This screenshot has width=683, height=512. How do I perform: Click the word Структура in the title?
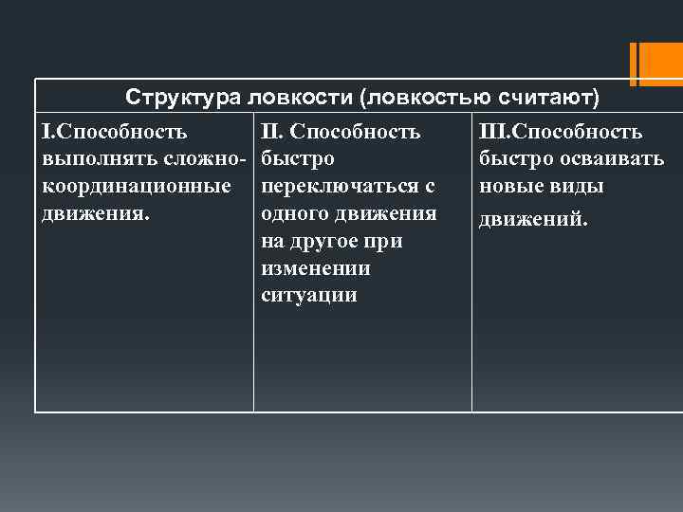pos(185,98)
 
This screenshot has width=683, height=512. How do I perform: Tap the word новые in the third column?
pos(511,186)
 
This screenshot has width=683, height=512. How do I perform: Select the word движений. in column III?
pos(533,220)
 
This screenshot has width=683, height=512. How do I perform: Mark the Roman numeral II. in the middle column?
pos(272,131)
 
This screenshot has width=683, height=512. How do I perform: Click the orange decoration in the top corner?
pos(655,64)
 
